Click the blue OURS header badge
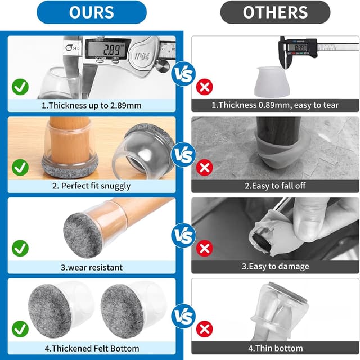pos(92,12)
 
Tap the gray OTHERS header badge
pos(275,12)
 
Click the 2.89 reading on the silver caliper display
pos(112,49)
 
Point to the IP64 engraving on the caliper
pos(142,56)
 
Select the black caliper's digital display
pos(298,47)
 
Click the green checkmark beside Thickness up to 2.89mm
pos(20,87)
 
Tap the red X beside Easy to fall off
pos(205,168)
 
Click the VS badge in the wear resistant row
pos(183,235)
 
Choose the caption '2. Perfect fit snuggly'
pos(91,186)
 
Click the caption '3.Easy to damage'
pos(275,266)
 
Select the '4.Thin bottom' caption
pos(275,348)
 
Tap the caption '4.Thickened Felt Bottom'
pos(92,348)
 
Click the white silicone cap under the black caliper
pos(272,82)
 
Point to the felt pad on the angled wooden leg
pos(83,235)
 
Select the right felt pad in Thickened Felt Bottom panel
pos(119,311)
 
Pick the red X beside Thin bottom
pos(205,329)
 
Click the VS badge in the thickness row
pos(183,74)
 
